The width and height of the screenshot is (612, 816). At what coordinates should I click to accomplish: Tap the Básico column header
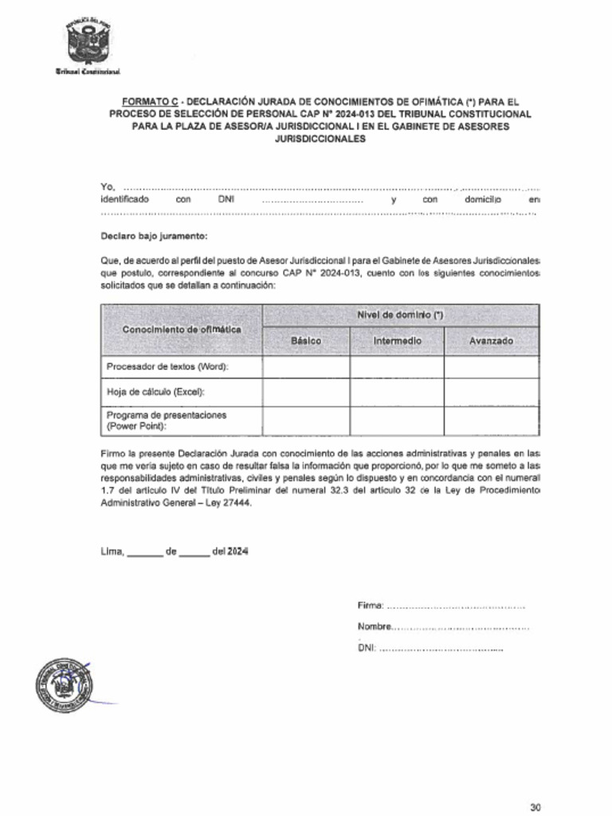click(306, 341)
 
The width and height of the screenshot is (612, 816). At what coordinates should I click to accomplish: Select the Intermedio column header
click(397, 341)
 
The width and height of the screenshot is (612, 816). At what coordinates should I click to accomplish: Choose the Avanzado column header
click(491, 341)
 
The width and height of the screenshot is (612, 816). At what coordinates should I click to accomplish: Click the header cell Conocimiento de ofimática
click(182, 329)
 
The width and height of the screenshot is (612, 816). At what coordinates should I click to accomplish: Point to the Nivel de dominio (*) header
click(400, 315)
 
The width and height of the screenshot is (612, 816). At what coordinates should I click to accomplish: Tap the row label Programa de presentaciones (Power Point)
click(167, 421)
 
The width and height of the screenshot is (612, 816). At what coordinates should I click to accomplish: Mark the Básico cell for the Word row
click(306, 367)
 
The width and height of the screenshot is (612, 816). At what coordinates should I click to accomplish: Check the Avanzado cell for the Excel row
click(491, 392)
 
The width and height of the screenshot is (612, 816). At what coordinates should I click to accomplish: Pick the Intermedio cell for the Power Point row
click(397, 421)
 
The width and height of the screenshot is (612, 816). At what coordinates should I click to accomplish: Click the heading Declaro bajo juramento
click(154, 236)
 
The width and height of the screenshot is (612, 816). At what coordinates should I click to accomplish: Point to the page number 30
click(535, 806)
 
